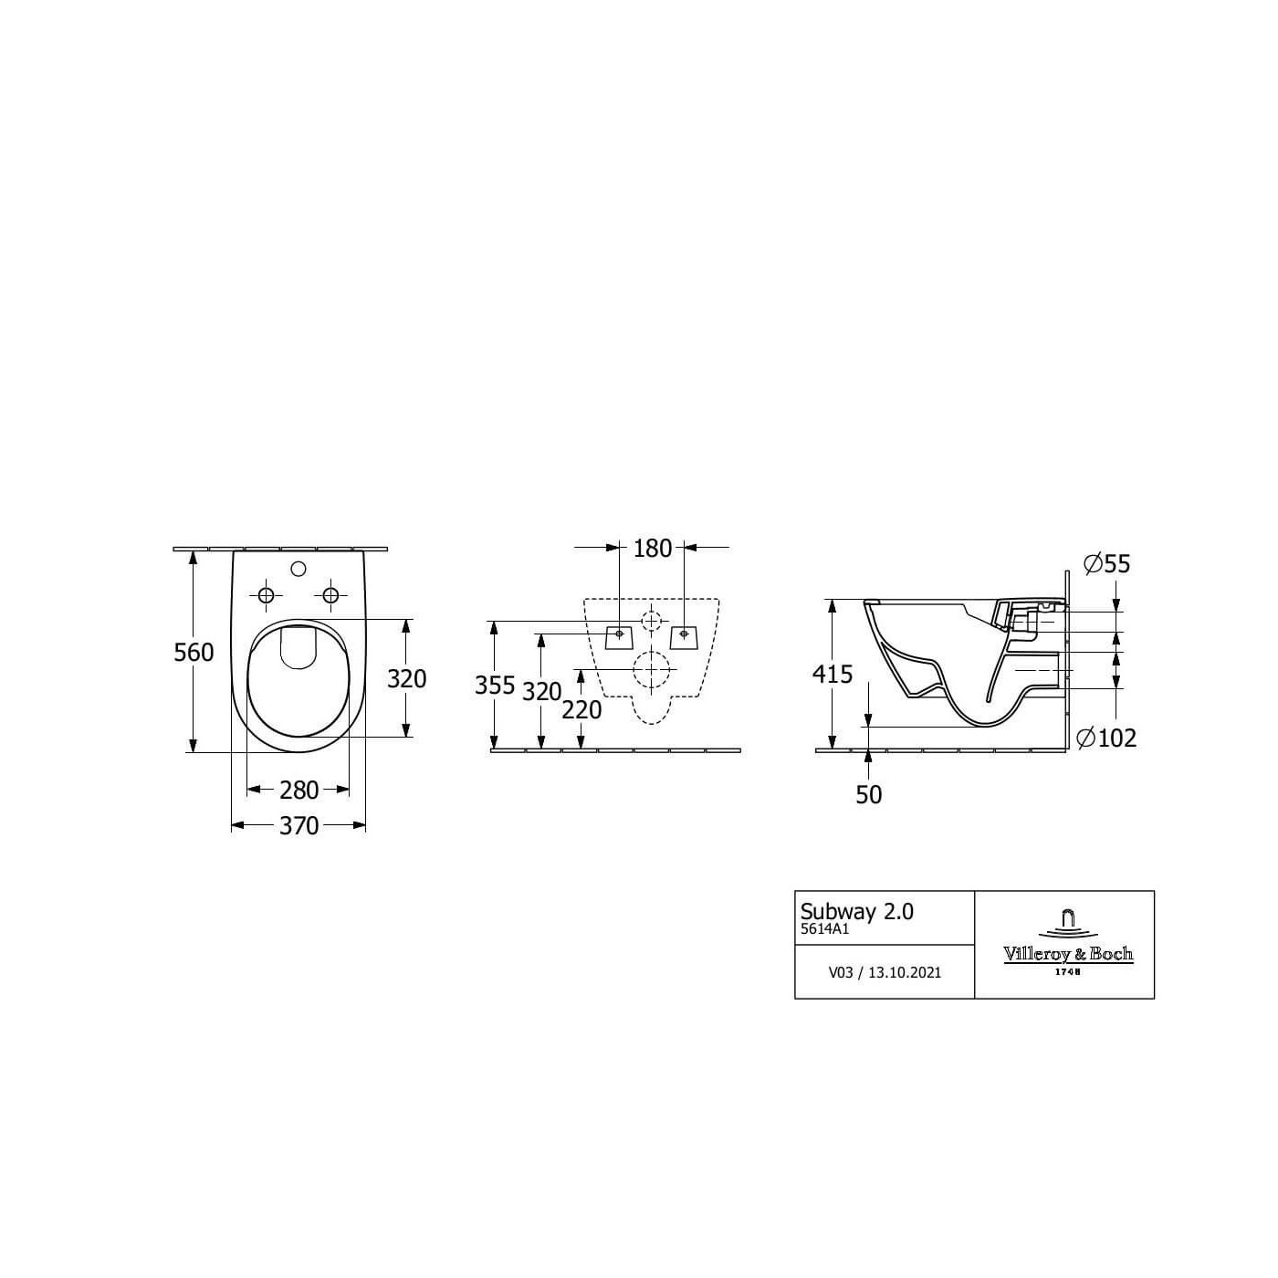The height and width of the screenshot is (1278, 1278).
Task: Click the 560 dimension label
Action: [194, 653]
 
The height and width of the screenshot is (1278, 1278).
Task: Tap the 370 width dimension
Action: [299, 826]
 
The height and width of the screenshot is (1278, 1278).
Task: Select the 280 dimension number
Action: [299, 790]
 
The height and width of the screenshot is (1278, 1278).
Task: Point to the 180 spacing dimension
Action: [653, 549]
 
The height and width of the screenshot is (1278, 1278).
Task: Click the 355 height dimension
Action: [495, 685]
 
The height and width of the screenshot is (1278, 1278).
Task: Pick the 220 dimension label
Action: [581, 710]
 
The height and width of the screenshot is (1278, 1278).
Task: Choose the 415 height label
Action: [833, 675]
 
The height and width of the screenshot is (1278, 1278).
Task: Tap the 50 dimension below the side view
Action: [868, 794]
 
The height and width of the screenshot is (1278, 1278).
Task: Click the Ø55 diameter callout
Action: [1106, 564]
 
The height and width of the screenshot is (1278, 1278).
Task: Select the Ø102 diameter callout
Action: [1106, 738]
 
